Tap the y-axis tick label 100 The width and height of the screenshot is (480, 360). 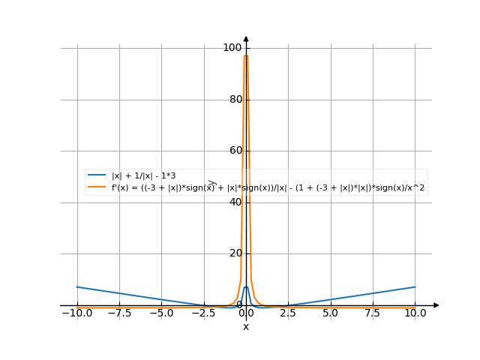pyautogui.click(x=232, y=48)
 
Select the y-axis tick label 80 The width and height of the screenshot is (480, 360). pyautogui.click(x=235, y=100)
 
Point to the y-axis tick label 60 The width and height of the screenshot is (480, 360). pyautogui.click(x=235, y=151)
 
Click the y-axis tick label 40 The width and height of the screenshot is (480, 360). pyautogui.click(x=235, y=202)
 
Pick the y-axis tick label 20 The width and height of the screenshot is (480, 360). pyautogui.click(x=235, y=253)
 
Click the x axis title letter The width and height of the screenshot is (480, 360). pyautogui.click(x=246, y=327)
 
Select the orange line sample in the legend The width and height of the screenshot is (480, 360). pyautogui.click(x=97, y=188)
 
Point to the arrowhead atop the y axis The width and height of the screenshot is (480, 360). pyautogui.click(x=246, y=39)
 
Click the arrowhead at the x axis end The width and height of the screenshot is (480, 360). pyautogui.click(x=436, y=305)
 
